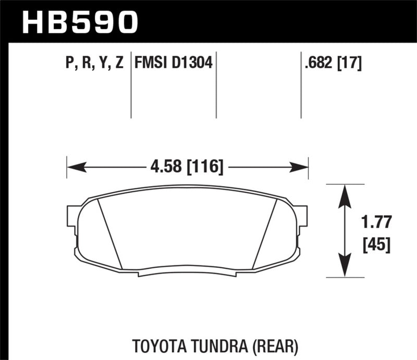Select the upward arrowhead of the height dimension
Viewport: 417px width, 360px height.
click(344, 195)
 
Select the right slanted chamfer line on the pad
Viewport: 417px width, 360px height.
click(264, 234)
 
